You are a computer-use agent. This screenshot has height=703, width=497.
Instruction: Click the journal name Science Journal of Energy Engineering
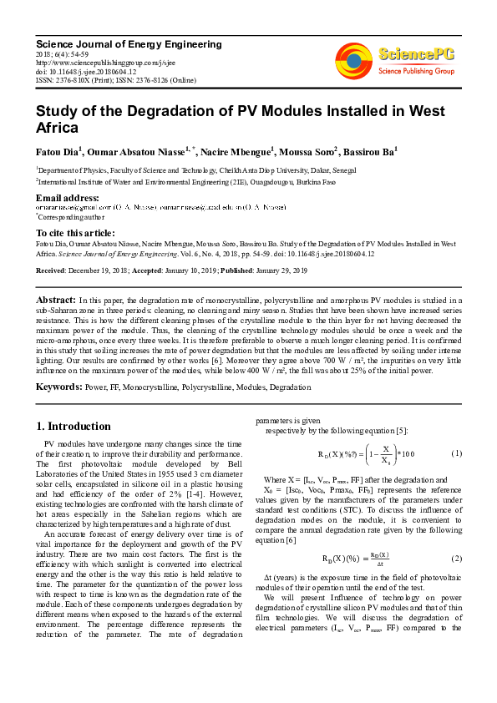pos(129,44)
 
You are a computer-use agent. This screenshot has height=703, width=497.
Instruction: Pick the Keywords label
pos(58,387)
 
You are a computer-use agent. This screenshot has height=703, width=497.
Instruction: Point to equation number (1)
pos(456,453)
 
